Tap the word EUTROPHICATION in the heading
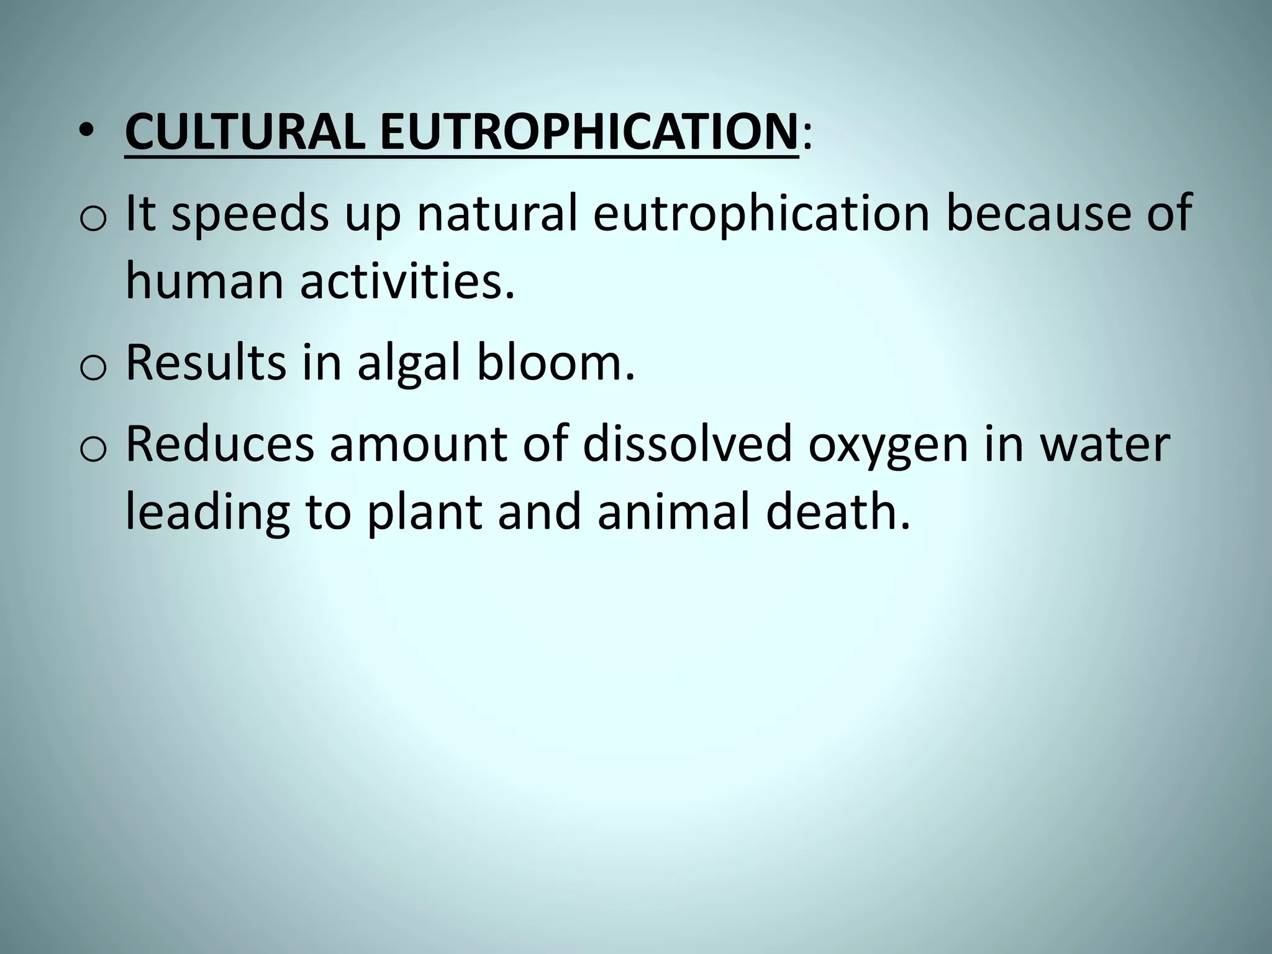(x=588, y=132)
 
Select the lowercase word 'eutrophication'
(x=760, y=215)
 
